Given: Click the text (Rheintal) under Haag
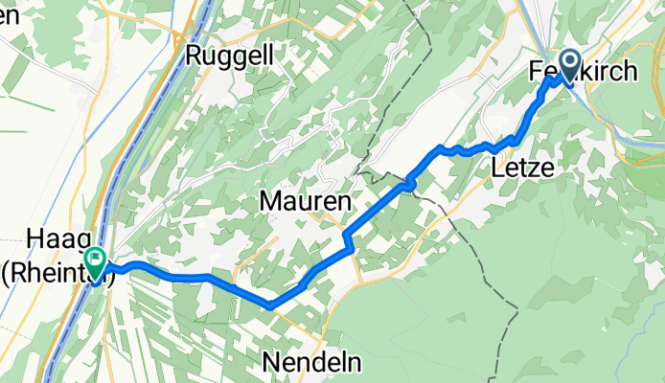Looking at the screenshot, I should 59,276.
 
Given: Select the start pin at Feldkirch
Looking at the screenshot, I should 567,67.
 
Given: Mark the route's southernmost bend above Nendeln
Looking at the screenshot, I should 271,306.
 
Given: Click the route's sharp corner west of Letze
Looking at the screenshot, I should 440,148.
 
